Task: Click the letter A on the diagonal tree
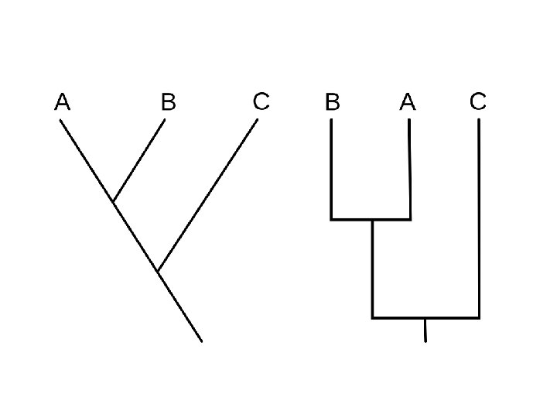[63, 101]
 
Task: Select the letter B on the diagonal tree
[168, 101]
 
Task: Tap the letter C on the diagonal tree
[261, 101]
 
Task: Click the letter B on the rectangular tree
[333, 101]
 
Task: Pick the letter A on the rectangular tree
[408, 101]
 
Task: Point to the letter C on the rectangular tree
[478, 101]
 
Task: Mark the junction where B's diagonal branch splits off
[113, 202]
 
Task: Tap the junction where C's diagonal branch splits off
[158, 272]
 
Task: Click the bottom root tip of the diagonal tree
[201, 341]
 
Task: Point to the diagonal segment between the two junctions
[135, 237]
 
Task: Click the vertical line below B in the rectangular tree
[331, 170]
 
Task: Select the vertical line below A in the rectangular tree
[409, 170]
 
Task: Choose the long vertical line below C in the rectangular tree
[479, 217]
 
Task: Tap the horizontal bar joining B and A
[371, 220]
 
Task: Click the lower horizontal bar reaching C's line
[425, 317]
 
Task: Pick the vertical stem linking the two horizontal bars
[372, 269]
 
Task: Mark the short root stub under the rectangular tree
[425, 330]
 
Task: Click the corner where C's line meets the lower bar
[479, 317]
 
